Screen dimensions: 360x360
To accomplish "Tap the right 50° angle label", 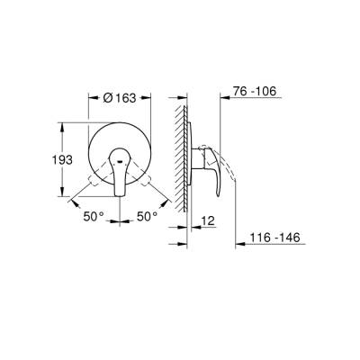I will (147, 217).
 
